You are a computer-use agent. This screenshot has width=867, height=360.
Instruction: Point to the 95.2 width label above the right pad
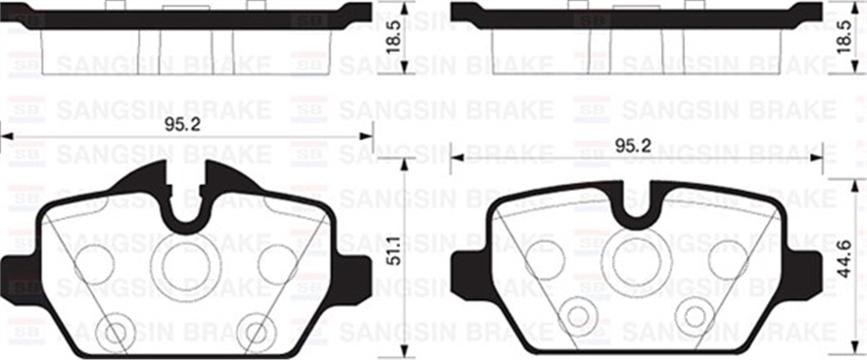633,145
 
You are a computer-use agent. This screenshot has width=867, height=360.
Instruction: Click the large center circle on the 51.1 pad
186,265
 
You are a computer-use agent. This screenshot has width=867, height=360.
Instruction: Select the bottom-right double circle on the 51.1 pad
256,332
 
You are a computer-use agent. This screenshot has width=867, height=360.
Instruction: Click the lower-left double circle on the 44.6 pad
579,315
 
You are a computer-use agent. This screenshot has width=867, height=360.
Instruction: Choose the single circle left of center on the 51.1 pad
94,264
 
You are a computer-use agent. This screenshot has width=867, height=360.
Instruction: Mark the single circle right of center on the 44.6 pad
728,259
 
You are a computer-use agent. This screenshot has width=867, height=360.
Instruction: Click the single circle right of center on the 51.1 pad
278,264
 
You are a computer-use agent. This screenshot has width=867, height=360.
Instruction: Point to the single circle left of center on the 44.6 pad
545,259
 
